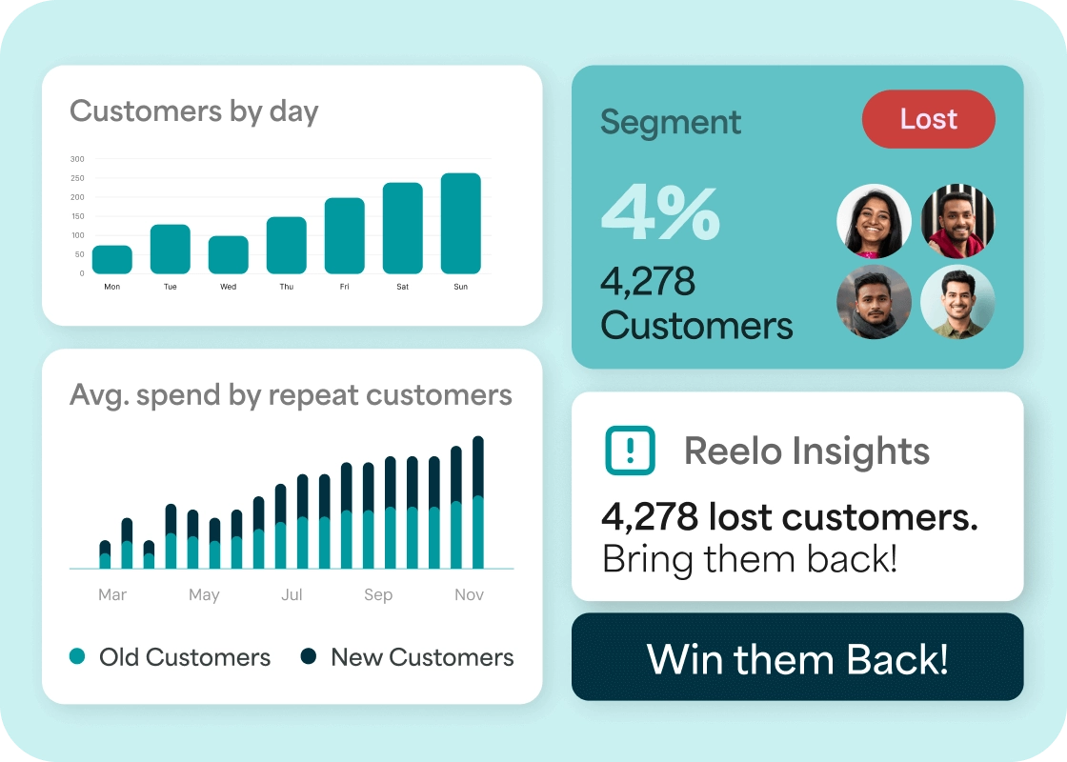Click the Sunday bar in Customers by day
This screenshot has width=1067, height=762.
tap(461, 224)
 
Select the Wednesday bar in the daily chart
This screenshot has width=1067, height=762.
tap(229, 255)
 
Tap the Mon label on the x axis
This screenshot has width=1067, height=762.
tap(112, 287)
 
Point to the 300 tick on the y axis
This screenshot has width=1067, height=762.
tap(77, 159)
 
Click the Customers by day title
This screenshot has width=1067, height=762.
tap(194, 111)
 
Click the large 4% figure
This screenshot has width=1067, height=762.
tap(659, 214)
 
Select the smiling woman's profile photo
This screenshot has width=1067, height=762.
tap(874, 221)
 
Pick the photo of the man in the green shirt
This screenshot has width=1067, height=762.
tap(957, 302)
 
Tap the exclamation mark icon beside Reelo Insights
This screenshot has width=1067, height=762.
tap(631, 451)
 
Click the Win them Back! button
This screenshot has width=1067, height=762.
tap(797, 657)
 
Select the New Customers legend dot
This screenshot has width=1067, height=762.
tap(309, 656)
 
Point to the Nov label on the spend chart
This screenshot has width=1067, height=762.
tap(469, 595)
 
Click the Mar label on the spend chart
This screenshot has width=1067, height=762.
tap(112, 595)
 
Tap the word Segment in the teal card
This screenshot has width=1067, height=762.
tap(671, 123)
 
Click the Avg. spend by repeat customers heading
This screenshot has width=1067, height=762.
tap(291, 395)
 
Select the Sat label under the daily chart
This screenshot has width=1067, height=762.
tap(403, 287)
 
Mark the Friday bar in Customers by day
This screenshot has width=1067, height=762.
tap(345, 236)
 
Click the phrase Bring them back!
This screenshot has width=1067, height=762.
tap(750, 558)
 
